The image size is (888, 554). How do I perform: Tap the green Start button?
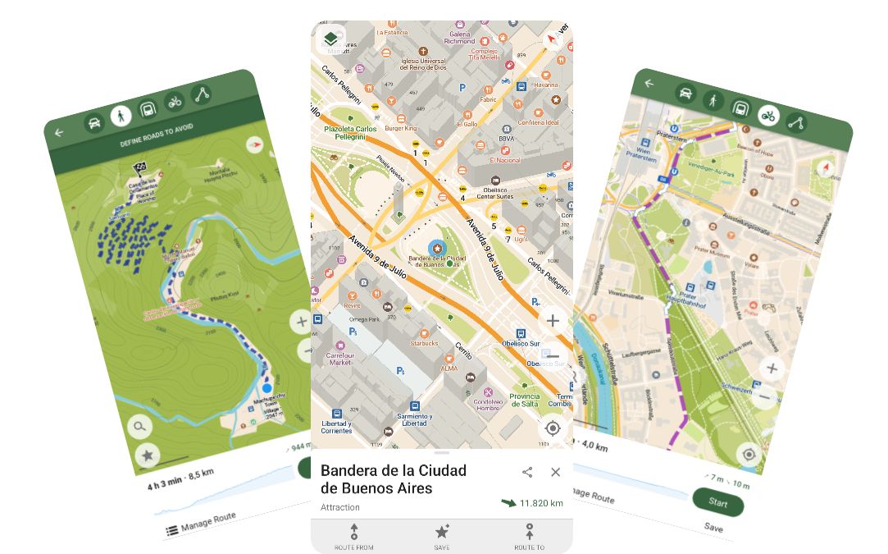(x=717, y=501)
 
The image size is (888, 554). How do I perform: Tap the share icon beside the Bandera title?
(x=527, y=472)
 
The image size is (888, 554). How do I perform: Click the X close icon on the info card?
(x=555, y=472)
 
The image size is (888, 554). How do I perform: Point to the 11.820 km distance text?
(x=540, y=503)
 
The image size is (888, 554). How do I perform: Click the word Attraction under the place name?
(x=340, y=507)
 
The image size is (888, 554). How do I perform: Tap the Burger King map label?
(x=402, y=129)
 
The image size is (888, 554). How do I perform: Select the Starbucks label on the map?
(x=424, y=343)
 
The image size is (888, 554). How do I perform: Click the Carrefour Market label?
(x=339, y=359)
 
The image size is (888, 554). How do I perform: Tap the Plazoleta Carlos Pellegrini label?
(x=349, y=133)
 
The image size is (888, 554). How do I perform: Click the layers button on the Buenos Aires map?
(x=330, y=39)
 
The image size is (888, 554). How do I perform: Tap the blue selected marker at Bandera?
(x=438, y=248)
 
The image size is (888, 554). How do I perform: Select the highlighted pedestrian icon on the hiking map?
(x=121, y=116)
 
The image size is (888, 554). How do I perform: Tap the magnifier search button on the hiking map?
(x=140, y=426)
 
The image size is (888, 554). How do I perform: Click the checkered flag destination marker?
(x=139, y=169)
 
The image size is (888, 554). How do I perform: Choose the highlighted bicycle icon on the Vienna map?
(x=767, y=117)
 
